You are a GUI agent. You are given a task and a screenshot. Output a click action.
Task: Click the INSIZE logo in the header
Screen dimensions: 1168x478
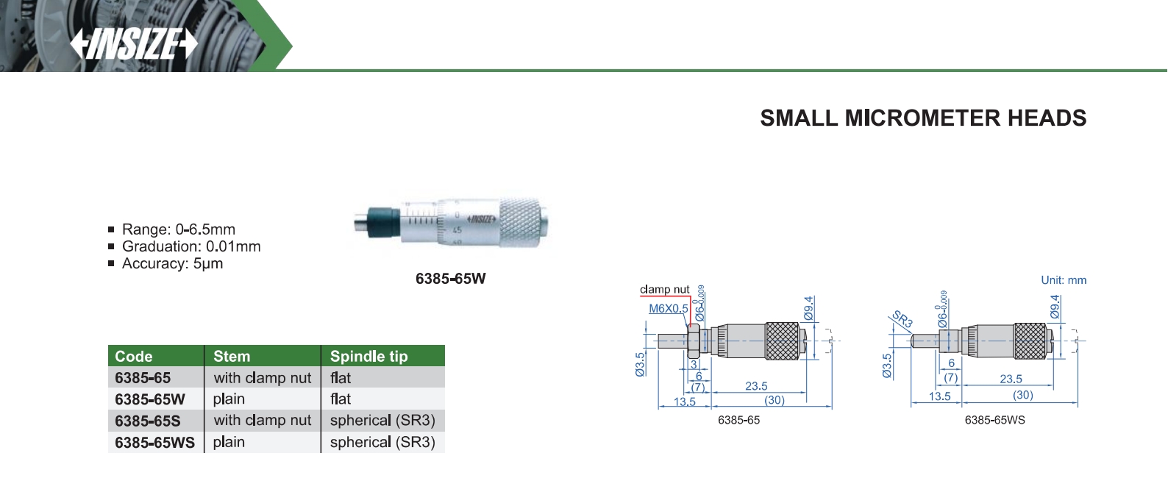pyautogui.click(x=134, y=44)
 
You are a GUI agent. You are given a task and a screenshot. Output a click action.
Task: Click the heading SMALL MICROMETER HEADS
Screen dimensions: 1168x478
pyautogui.click(x=923, y=118)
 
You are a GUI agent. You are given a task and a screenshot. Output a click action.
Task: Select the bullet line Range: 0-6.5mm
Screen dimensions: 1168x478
pyautogui.click(x=178, y=229)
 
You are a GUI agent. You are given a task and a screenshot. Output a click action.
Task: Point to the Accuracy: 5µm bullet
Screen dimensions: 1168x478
pyautogui.click(x=172, y=263)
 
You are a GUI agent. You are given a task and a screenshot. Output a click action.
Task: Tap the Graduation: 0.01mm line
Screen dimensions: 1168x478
pyautogui.click(x=190, y=246)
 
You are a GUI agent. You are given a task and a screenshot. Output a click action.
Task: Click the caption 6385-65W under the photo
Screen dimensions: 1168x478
pyautogui.click(x=451, y=279)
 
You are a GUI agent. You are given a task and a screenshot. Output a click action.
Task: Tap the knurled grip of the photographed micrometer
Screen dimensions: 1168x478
pyautogui.click(x=520, y=222)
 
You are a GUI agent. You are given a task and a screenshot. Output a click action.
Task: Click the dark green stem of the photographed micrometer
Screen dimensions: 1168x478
pyautogui.click(x=384, y=222)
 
